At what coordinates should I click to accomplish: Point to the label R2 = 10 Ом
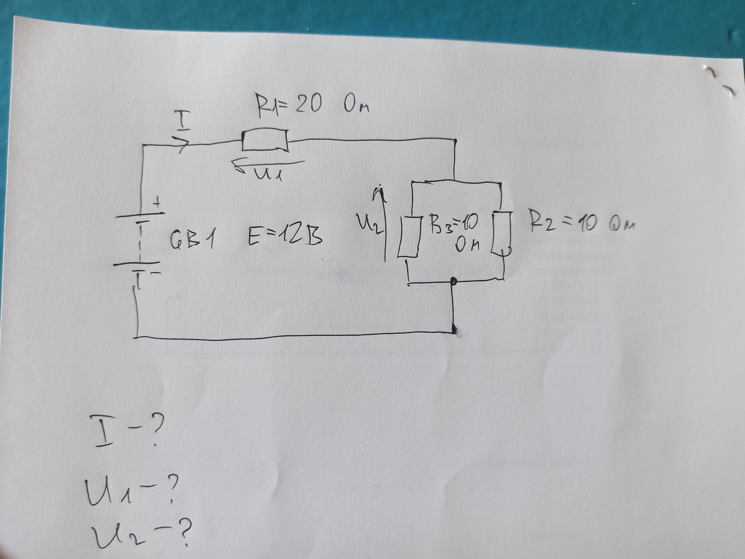[581, 222]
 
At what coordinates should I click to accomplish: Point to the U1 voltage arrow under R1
[269, 165]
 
